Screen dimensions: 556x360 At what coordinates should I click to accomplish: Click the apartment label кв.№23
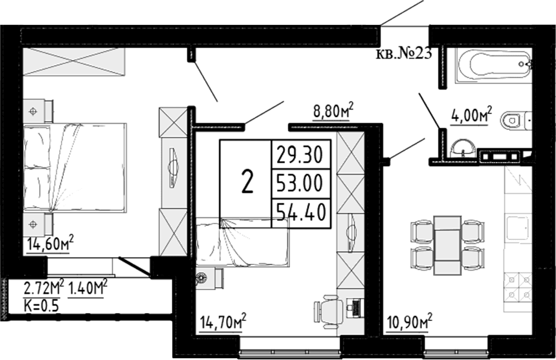click(x=403, y=54)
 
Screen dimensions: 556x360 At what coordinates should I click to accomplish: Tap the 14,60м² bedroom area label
click(x=50, y=244)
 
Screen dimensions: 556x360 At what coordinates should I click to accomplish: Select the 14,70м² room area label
click(x=223, y=322)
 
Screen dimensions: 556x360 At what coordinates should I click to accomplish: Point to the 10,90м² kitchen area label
click(x=409, y=322)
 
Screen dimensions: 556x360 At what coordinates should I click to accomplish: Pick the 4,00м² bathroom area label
click(x=471, y=115)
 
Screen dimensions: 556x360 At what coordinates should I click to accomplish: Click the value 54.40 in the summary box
click(x=301, y=213)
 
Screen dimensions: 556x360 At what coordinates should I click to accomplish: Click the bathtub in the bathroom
click(x=493, y=65)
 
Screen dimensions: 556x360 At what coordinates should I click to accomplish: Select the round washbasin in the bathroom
click(x=462, y=147)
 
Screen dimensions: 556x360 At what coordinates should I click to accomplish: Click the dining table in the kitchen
click(x=448, y=245)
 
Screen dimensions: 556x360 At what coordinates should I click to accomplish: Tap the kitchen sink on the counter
click(x=518, y=228)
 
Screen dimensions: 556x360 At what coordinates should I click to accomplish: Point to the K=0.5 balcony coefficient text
click(x=41, y=305)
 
